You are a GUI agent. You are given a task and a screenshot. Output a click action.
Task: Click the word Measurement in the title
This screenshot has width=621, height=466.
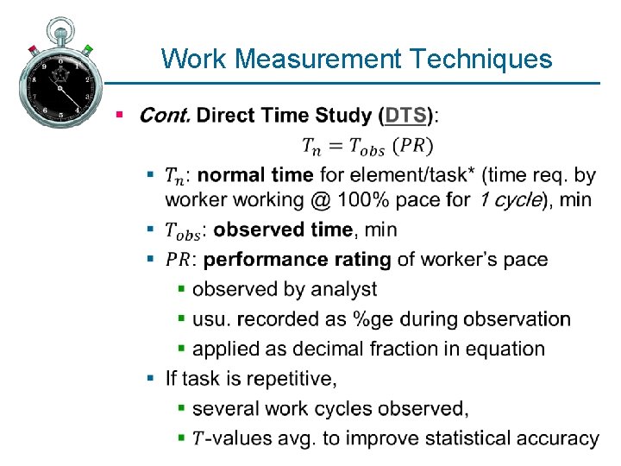pos(318,59)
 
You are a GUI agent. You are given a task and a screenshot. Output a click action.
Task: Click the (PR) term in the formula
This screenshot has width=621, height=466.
pos(414,145)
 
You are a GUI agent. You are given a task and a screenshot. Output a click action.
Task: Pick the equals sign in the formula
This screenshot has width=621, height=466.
pos(335,145)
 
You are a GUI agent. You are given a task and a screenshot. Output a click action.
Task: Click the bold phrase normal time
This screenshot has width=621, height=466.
pos(255,175)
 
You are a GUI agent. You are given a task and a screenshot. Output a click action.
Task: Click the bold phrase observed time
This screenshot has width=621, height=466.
pos(283,230)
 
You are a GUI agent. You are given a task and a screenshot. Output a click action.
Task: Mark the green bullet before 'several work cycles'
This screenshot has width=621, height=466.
pos(182,407)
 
